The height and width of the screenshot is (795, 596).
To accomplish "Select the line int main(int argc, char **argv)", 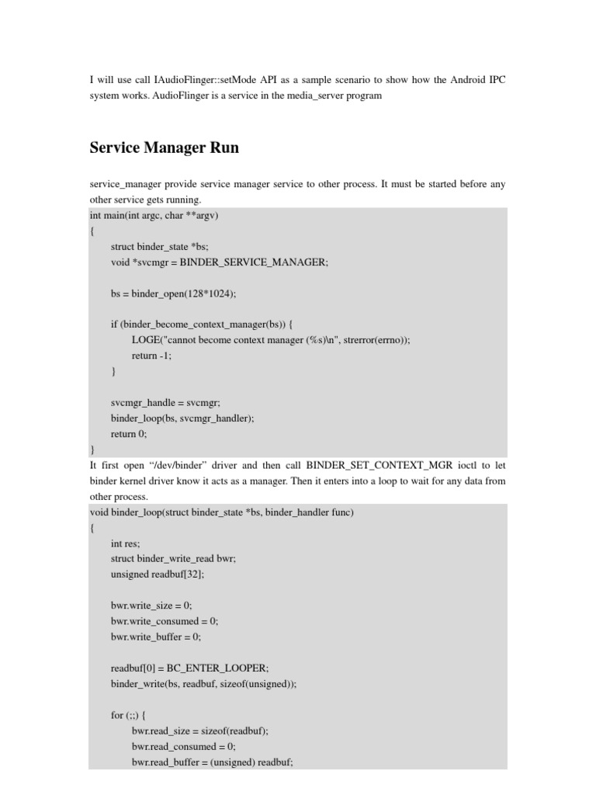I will tap(154, 215).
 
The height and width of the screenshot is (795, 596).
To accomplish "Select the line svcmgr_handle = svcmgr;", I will tap(165, 402).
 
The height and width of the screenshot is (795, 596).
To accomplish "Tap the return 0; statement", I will tap(129, 434).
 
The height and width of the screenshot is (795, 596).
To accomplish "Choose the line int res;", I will tap(126, 544).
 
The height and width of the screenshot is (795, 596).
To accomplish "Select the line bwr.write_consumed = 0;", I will tap(165, 621).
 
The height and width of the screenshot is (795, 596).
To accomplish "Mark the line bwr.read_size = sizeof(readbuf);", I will tap(206, 731).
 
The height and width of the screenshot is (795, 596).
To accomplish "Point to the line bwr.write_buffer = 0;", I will tap(156, 637).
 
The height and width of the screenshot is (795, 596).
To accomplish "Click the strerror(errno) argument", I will tap(369, 340).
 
